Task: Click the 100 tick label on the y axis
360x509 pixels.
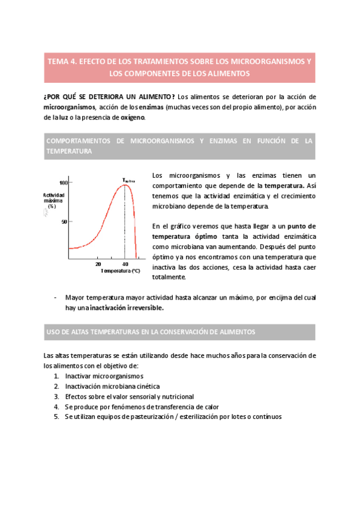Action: click(x=64, y=182)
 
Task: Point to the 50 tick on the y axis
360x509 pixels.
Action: click(x=65, y=221)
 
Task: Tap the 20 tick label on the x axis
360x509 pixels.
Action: click(x=98, y=264)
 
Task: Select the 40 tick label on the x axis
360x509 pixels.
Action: click(x=124, y=264)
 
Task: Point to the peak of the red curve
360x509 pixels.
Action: click(x=124, y=185)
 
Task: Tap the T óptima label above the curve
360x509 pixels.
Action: click(x=128, y=179)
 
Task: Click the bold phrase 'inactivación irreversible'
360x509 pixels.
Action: click(x=127, y=308)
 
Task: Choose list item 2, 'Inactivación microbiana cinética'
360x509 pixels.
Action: click(x=112, y=386)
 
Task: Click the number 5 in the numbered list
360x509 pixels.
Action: click(x=56, y=417)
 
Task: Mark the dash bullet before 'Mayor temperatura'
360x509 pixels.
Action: click(x=56, y=298)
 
